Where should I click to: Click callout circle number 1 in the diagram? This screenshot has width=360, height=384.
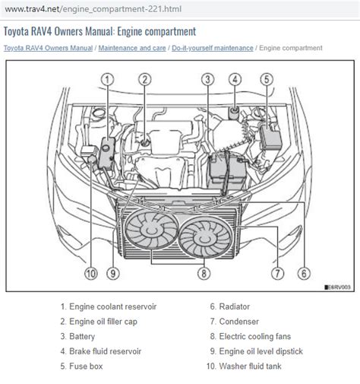click(x=108, y=80)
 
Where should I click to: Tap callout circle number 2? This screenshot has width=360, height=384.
click(x=145, y=80)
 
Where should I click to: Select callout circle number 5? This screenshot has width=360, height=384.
click(x=267, y=79)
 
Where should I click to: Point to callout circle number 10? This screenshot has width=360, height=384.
click(x=91, y=274)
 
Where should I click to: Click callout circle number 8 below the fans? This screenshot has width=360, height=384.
click(x=204, y=273)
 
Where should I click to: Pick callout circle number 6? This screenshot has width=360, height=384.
click(x=304, y=273)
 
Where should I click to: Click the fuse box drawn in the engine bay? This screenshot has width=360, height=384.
click(x=270, y=137)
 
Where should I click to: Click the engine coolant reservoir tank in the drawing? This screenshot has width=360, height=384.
click(x=107, y=153)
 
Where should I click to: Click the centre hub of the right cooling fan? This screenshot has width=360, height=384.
click(x=204, y=238)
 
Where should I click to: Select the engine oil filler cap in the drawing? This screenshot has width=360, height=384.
click(x=145, y=143)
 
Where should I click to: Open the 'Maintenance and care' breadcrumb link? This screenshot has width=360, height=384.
click(x=132, y=48)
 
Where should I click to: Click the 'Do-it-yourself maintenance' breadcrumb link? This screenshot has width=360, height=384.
click(x=213, y=48)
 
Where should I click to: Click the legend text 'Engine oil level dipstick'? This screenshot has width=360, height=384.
click(x=261, y=351)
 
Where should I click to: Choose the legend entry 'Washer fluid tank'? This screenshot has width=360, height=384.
click(x=250, y=366)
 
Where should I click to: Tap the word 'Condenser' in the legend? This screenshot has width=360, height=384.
click(x=238, y=322)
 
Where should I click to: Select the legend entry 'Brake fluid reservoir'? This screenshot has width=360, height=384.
click(x=105, y=351)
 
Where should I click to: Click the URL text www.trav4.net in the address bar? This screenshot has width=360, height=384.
click(x=32, y=9)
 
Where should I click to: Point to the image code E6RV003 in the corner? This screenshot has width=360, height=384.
click(x=338, y=287)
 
